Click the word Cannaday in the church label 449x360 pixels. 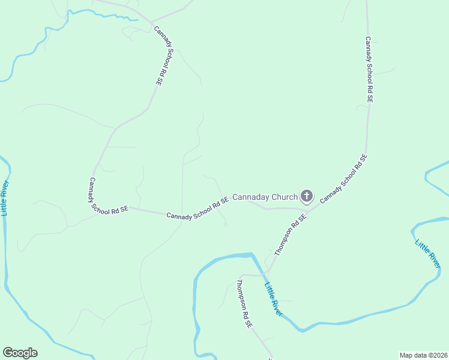click(x=252, y=197)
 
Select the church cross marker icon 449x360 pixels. click(x=307, y=196)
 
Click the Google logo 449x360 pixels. click(x=20, y=353)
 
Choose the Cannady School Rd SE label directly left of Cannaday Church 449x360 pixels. click(x=197, y=208)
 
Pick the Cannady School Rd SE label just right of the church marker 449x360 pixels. click(x=343, y=179)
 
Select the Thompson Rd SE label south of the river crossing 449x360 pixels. click(x=244, y=303)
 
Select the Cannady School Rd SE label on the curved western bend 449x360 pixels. click(x=108, y=196)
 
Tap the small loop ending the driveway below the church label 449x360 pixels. click(x=225, y=224)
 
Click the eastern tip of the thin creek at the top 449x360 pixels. click(x=137, y=20)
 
